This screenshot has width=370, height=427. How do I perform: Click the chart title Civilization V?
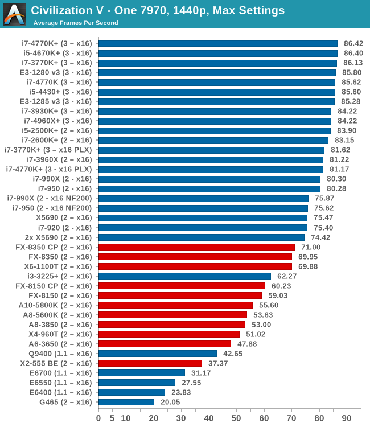[x=158, y=10]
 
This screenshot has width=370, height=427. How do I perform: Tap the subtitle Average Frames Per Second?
[x=76, y=23]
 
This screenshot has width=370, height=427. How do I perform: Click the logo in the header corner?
[x=14, y=14]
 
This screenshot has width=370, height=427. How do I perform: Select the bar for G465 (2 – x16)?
[x=126, y=402]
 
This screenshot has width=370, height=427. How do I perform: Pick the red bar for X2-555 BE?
[x=150, y=363]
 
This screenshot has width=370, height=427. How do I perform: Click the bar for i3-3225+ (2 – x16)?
[x=184, y=276]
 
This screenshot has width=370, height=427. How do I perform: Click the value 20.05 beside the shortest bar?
[x=171, y=402]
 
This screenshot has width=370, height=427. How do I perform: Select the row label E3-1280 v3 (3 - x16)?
[x=55, y=72]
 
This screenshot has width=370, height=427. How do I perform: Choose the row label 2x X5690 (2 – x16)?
[x=58, y=237]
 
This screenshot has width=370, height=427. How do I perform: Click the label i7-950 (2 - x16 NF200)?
[x=52, y=208]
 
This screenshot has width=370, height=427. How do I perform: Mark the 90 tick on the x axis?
[x=347, y=418]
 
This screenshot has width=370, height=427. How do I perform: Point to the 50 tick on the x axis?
[x=236, y=418]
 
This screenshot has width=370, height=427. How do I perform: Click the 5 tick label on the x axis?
[x=112, y=418]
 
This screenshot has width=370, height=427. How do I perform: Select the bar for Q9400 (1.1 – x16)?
[x=158, y=354]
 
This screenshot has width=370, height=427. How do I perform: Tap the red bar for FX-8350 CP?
[x=196, y=247]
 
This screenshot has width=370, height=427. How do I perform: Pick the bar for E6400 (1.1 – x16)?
[x=131, y=392]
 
